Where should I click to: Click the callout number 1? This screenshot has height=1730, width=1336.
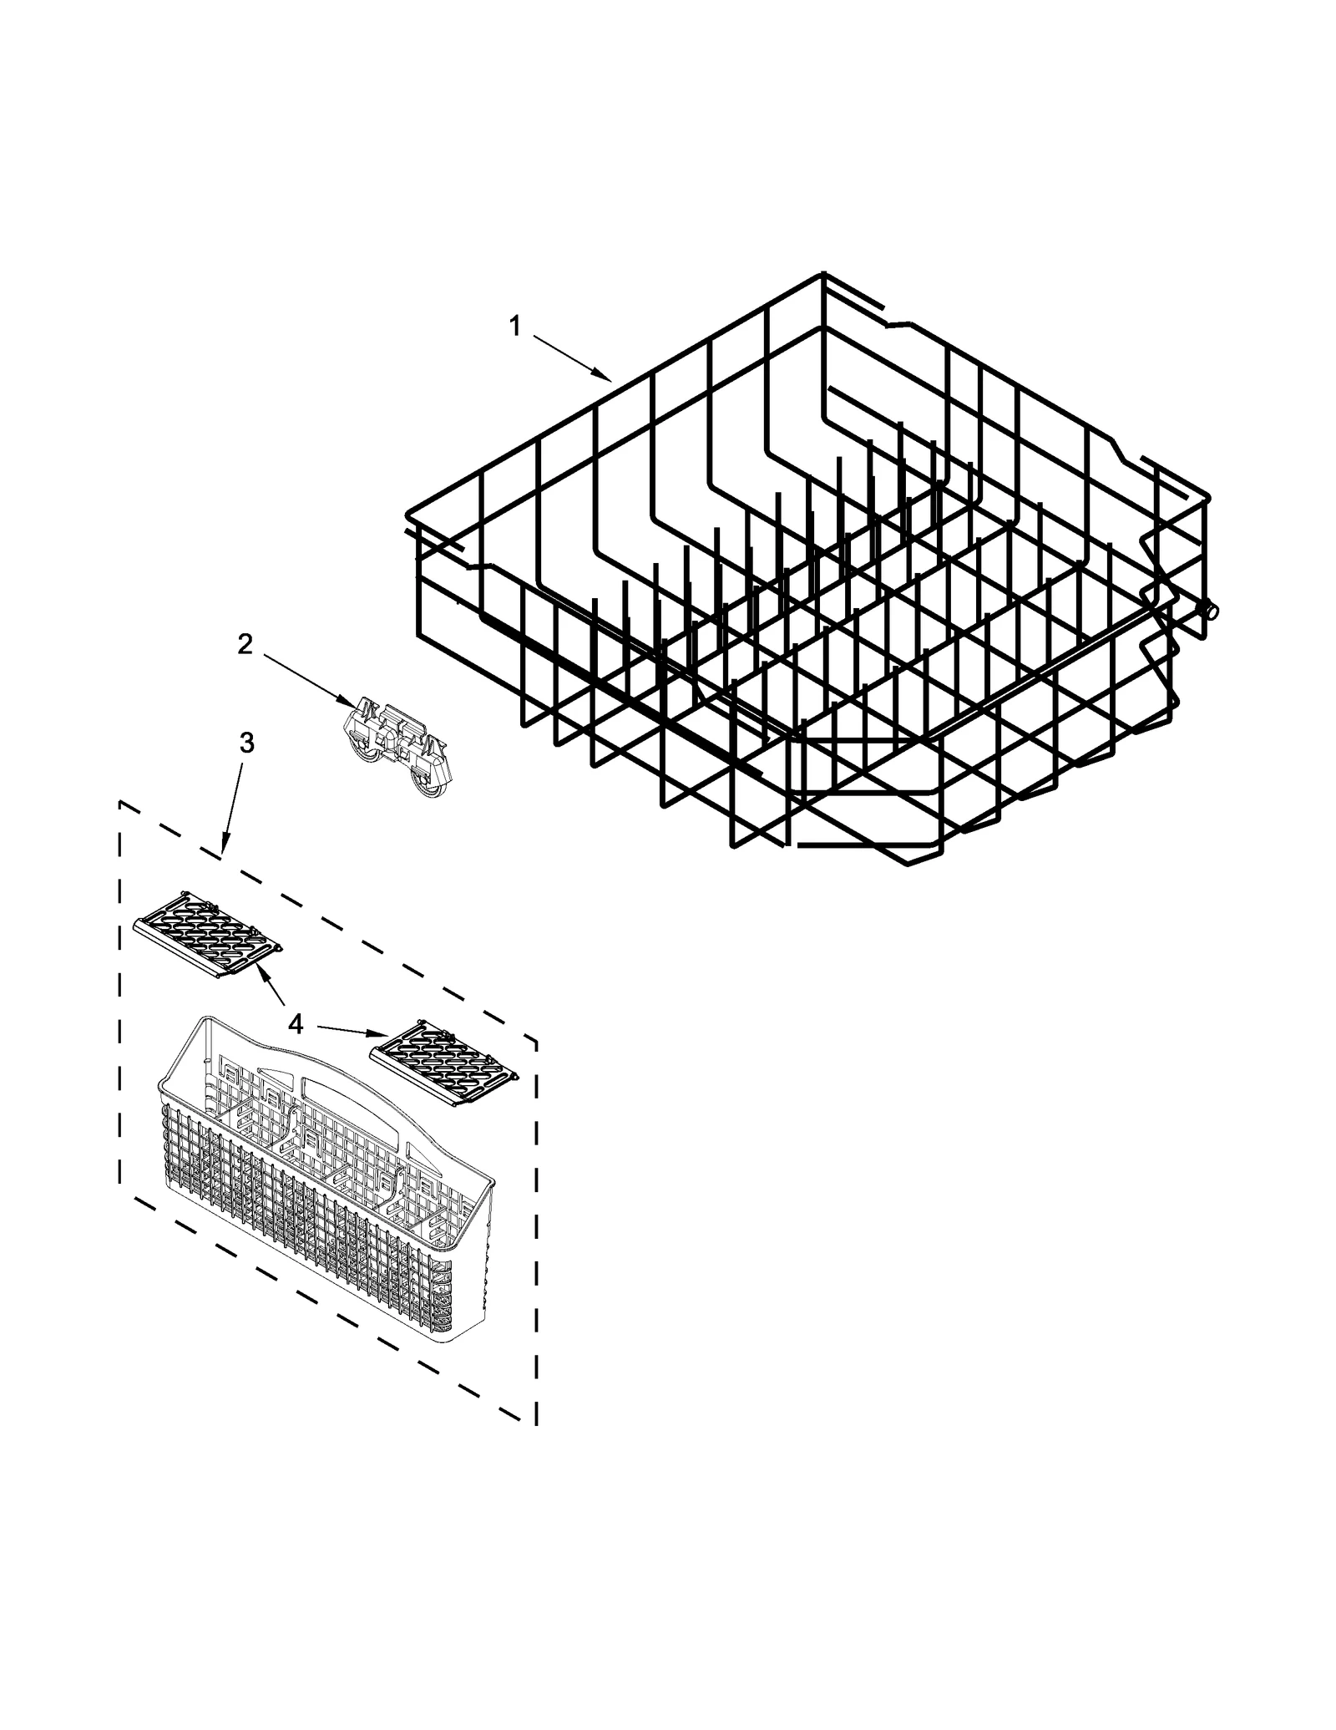(x=515, y=326)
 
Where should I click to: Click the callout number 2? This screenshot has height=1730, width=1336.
(x=245, y=644)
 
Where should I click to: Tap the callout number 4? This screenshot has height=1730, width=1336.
(x=296, y=1024)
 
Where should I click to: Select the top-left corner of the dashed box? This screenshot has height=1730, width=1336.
(x=120, y=803)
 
